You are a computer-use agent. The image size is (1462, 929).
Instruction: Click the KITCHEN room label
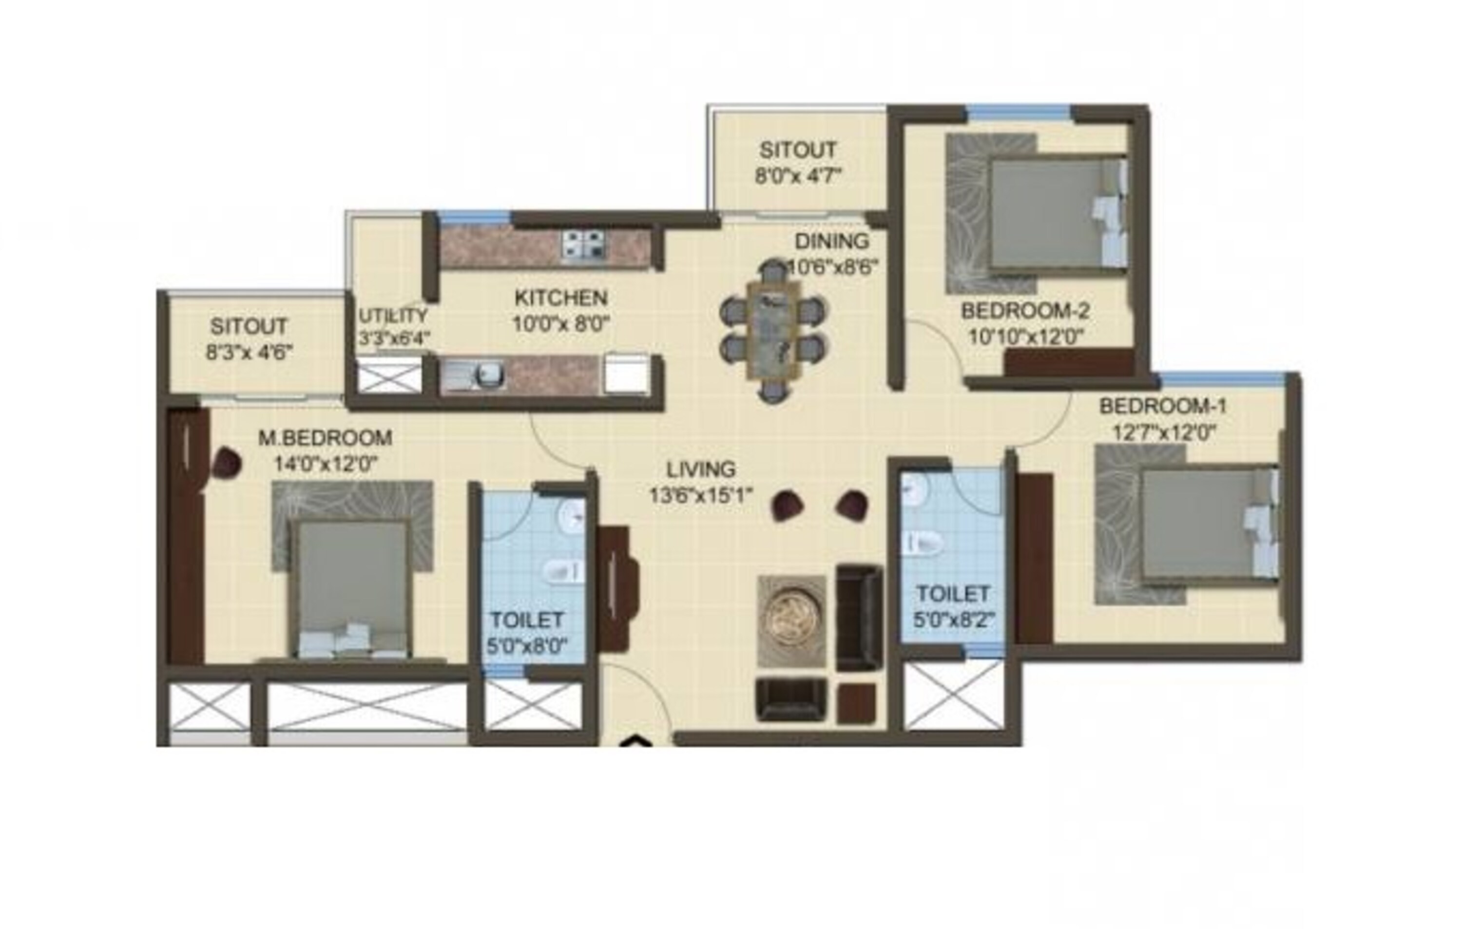(560, 298)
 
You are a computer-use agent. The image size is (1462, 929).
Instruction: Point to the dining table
(772, 331)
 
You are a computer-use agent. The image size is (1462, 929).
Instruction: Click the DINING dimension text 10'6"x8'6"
(832, 267)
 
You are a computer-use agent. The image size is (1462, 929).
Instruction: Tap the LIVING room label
(701, 469)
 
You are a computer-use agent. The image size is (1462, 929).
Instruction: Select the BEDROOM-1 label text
(1163, 406)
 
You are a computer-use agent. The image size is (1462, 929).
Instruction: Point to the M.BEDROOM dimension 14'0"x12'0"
(326, 464)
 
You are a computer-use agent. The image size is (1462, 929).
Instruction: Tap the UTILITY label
(393, 316)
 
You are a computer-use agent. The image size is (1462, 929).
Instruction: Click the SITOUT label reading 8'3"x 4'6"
(249, 352)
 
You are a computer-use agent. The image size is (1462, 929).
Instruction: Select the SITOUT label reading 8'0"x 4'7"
(798, 176)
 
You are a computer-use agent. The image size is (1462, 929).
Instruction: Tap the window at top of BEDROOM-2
(1018, 112)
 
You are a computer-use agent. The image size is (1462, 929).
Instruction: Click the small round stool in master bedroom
(227, 463)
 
